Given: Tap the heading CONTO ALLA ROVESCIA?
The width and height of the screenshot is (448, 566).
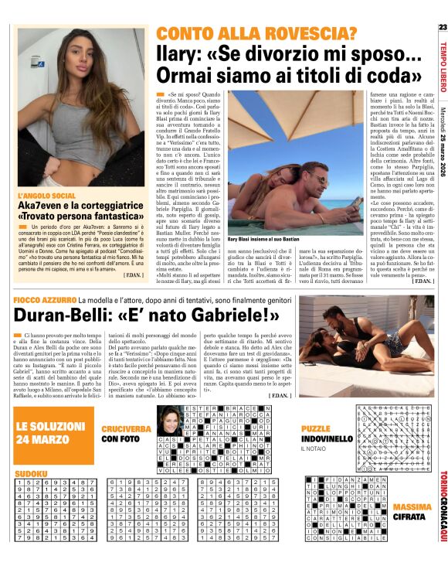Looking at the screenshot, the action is click(256, 33).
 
